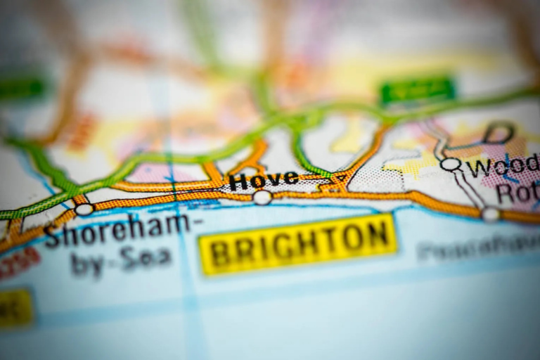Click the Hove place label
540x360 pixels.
[x=264, y=180]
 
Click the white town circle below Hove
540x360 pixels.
[x=262, y=198]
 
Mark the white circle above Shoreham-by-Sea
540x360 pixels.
[x=84, y=209]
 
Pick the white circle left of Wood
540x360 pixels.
[x=451, y=165]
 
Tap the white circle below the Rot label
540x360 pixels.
[x=491, y=214]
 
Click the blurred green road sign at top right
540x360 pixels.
[x=418, y=90]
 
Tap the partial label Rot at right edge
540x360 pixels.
[x=517, y=193]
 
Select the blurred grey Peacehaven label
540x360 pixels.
[x=478, y=247]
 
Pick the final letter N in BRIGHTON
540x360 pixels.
[x=378, y=236]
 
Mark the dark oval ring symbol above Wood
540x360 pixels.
[x=499, y=132]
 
